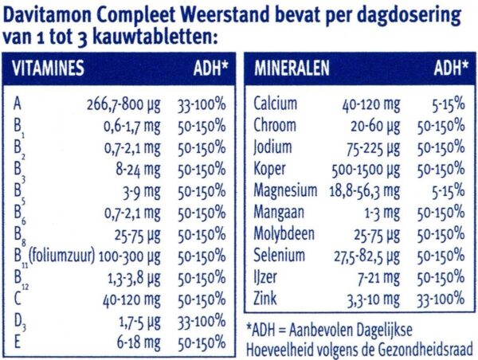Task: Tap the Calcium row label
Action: click(x=275, y=104)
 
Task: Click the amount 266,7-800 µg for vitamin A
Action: click(x=123, y=104)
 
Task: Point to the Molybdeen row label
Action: click(x=284, y=234)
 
